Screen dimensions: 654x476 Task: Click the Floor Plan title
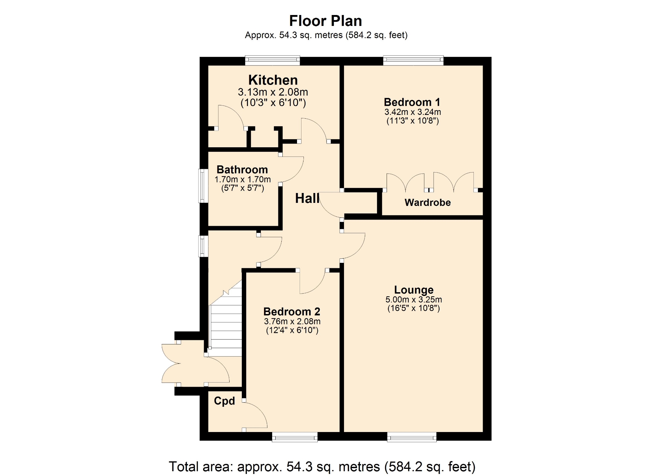[325, 21]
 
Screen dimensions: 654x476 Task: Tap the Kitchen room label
[273, 80]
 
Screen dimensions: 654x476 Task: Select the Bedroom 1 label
[412, 102]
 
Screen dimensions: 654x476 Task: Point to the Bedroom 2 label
[292, 311]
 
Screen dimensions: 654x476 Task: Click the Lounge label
[414, 290]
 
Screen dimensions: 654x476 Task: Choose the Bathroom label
[242, 169]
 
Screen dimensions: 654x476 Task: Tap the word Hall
[307, 198]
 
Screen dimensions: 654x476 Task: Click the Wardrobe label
[427, 203]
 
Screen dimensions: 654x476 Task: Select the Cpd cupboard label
[224, 401]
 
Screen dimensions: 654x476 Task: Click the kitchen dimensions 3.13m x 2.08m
[273, 92]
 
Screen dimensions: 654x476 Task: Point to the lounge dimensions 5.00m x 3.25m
[414, 300]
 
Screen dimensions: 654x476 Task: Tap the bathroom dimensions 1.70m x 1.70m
[243, 179]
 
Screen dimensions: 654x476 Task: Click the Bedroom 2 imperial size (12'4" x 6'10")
[292, 330]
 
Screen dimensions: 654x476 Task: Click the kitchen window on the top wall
[272, 60]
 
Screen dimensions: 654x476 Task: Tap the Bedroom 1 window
[413, 60]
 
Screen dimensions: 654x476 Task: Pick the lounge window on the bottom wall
[411, 437]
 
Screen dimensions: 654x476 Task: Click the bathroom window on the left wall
[203, 186]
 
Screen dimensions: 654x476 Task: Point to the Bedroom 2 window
[295, 437]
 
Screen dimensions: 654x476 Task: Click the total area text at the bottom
[322, 466]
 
